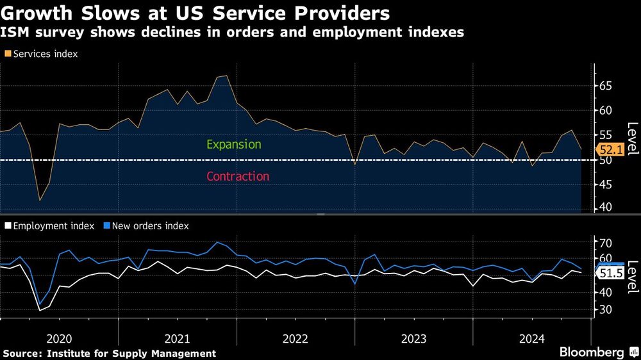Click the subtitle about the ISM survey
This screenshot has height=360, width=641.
coord(232,33)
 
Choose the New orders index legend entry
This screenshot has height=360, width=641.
coord(147,225)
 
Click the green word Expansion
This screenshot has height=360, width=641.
coord(233,144)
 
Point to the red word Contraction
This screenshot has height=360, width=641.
coord(238,176)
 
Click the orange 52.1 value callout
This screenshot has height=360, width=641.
coord(610,149)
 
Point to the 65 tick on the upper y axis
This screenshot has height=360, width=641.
coord(606,85)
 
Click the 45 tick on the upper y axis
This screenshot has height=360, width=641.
coord(606,184)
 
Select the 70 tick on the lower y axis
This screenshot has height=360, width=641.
coord(606,243)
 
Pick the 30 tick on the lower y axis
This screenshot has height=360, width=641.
coord(606,309)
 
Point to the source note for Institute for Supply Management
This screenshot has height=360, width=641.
coord(109,354)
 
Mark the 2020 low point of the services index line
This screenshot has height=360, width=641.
coord(40,200)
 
